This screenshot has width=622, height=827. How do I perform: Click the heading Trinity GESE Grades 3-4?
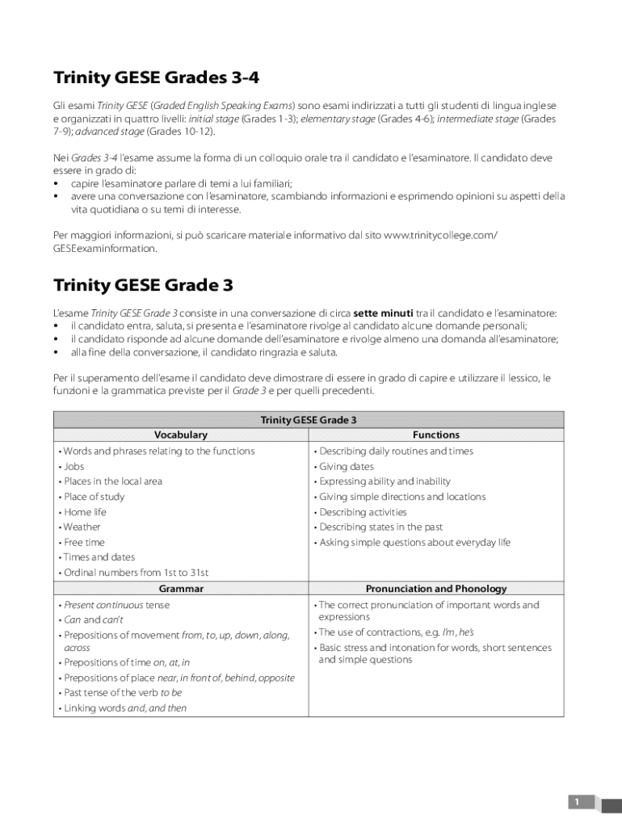click(157, 78)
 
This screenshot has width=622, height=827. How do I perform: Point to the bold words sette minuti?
click(383, 313)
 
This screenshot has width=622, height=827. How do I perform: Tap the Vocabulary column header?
click(181, 434)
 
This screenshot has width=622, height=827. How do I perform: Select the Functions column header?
click(435, 434)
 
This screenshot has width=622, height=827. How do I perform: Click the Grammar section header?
click(181, 589)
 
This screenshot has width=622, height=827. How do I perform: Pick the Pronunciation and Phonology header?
click(435, 589)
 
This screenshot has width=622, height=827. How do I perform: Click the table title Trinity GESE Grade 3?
click(309, 420)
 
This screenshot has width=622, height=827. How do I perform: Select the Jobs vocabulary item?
click(74, 466)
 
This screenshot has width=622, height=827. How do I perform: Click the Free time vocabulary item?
click(84, 542)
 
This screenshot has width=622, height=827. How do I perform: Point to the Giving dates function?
click(347, 466)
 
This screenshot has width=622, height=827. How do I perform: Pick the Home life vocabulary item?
click(85, 512)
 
